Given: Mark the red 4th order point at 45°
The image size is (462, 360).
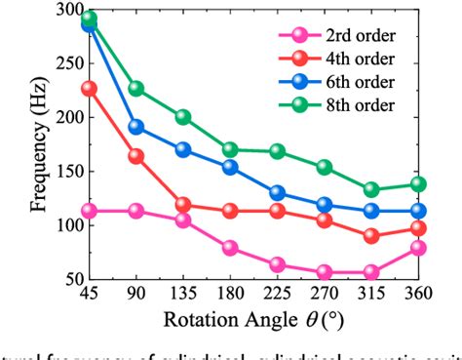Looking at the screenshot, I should (x=91, y=89).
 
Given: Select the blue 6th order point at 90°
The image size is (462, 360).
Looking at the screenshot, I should (x=136, y=127).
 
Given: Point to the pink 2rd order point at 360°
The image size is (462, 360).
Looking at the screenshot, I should (x=417, y=248).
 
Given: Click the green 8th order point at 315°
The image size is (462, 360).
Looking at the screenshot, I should (x=370, y=190).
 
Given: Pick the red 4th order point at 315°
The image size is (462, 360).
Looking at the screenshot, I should (x=370, y=236).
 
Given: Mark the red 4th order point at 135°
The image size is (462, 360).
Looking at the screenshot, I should (x=183, y=205).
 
